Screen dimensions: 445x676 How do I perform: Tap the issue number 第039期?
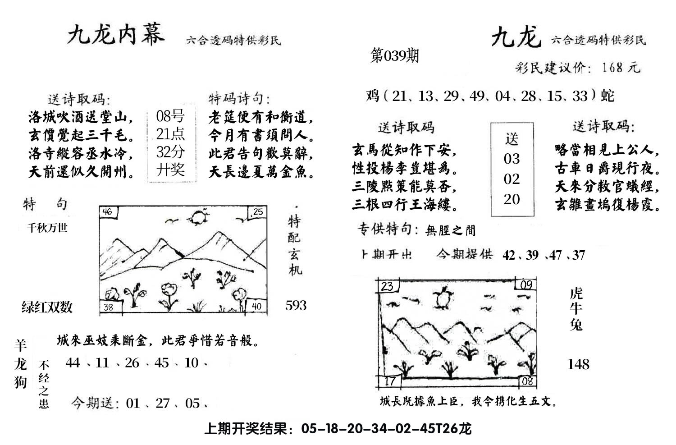click(394, 56)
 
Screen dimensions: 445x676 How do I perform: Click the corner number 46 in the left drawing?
click(108, 211)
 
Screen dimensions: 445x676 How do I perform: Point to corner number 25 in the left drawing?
click(258, 211)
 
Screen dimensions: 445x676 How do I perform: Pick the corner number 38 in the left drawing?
click(109, 307)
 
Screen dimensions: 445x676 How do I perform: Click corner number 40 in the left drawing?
click(256, 307)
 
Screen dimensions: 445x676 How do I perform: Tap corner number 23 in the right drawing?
click(387, 286)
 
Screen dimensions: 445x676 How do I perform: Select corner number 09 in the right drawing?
click(526, 285)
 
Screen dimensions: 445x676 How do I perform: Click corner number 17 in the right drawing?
click(389, 381)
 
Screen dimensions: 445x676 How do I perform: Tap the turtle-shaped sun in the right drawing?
click(443, 298)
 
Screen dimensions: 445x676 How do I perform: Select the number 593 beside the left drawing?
click(296, 306)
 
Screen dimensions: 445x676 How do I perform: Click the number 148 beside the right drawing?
click(578, 364)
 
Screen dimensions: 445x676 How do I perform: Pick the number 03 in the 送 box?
click(512, 159)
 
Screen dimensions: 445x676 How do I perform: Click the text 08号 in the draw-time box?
click(170, 116)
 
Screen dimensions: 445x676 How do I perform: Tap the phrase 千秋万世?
click(47, 228)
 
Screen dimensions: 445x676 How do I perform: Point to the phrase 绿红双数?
click(47, 307)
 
